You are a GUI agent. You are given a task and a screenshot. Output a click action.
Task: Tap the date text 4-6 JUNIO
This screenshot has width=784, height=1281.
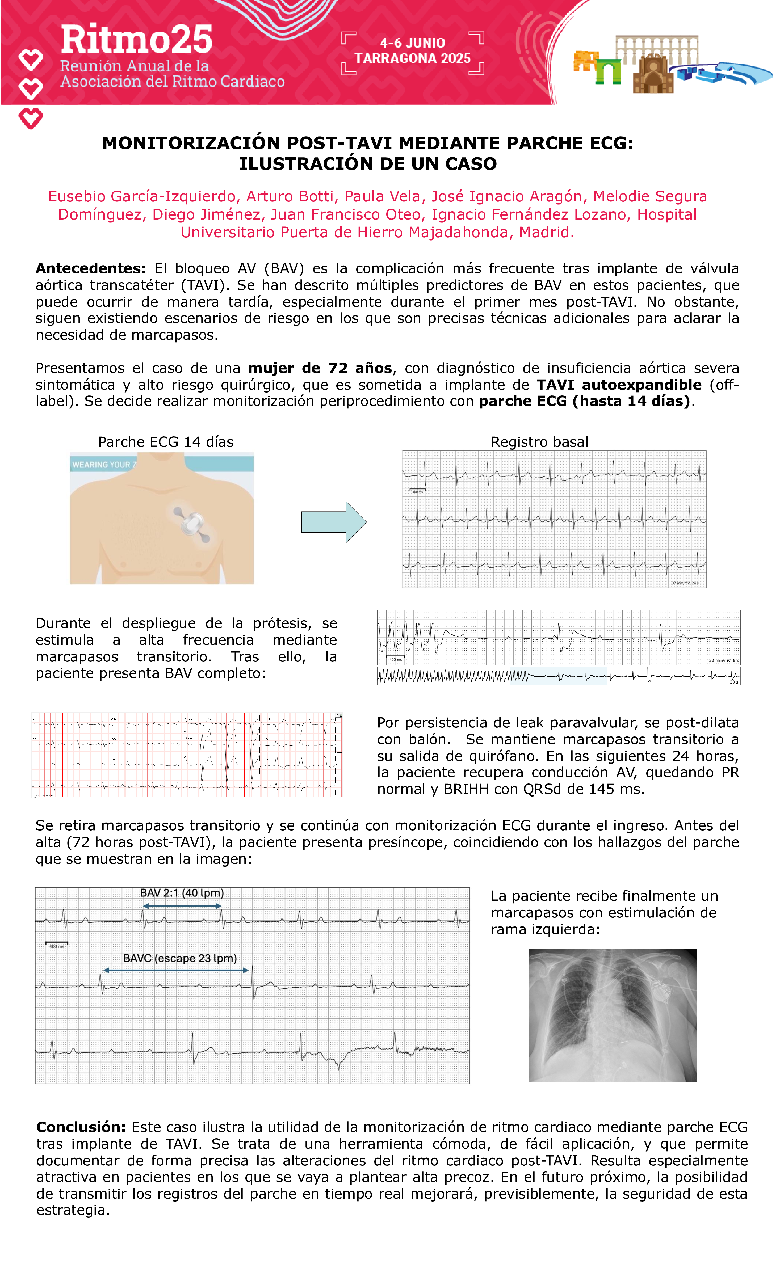[412, 43]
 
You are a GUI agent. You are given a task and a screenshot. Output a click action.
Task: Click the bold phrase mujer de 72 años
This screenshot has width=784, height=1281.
[320, 368]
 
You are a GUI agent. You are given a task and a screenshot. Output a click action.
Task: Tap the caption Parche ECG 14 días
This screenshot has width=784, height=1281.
[166, 442]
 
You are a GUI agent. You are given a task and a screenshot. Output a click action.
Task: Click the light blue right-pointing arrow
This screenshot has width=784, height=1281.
[334, 522]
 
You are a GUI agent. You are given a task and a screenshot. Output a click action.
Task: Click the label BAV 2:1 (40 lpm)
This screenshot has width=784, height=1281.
[182, 893]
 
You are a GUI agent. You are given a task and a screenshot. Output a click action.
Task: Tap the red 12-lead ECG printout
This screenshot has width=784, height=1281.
[187, 754]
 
